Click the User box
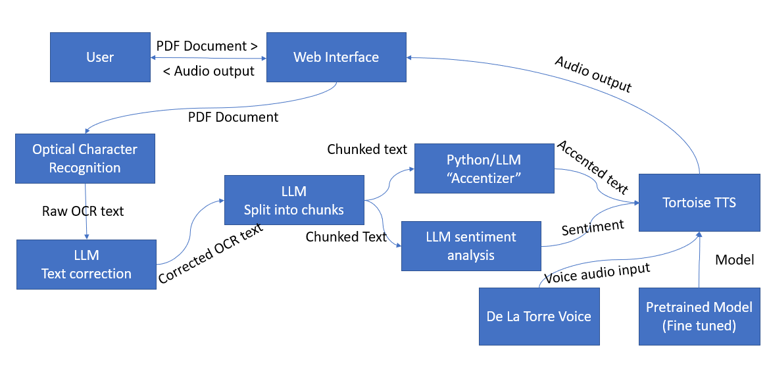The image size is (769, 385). point(100,57)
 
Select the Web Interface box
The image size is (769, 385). point(335,57)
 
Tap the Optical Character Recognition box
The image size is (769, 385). point(85,159)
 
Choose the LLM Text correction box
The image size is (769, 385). point(86,265)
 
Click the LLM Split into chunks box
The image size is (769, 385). point(293,200)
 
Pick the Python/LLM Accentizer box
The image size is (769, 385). point(484,169)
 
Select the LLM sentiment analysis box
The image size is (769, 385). point(470,246)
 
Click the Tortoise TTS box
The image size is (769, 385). point(699,202)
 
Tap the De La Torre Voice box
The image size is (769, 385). point(539,316)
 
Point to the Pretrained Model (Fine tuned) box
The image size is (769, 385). point(699,316)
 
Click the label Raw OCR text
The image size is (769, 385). point(83,211)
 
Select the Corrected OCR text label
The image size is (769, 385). point(211,254)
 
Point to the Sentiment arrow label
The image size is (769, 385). point(592,227)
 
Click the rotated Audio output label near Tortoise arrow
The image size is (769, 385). point(593,74)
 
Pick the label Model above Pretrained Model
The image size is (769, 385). point(734,260)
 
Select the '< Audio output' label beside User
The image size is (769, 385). point(208,71)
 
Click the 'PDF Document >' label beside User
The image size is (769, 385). point(207,46)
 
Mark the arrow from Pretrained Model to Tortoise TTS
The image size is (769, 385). point(699,263)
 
